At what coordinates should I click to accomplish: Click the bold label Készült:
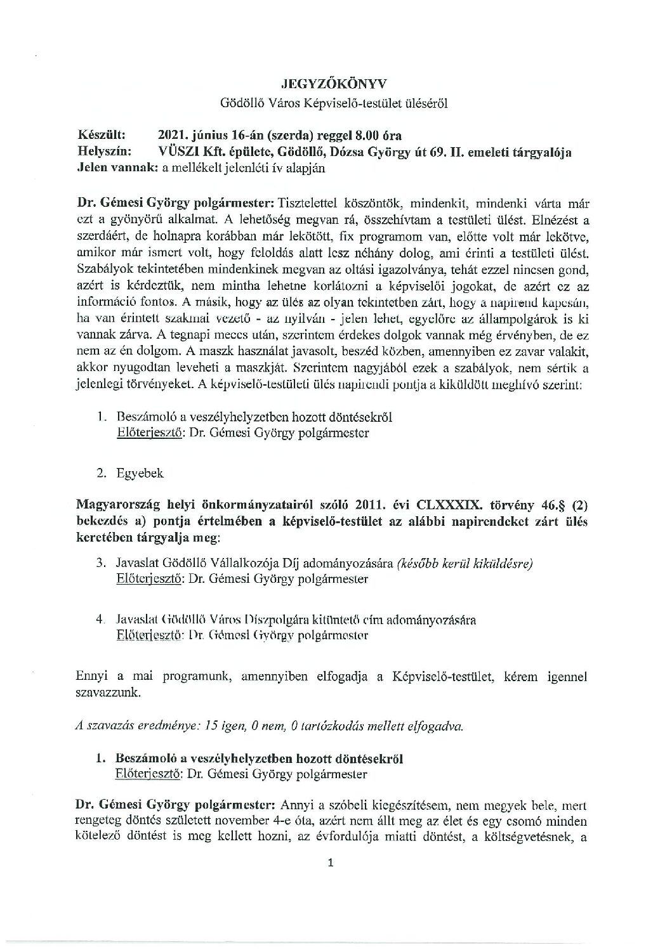(102, 135)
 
